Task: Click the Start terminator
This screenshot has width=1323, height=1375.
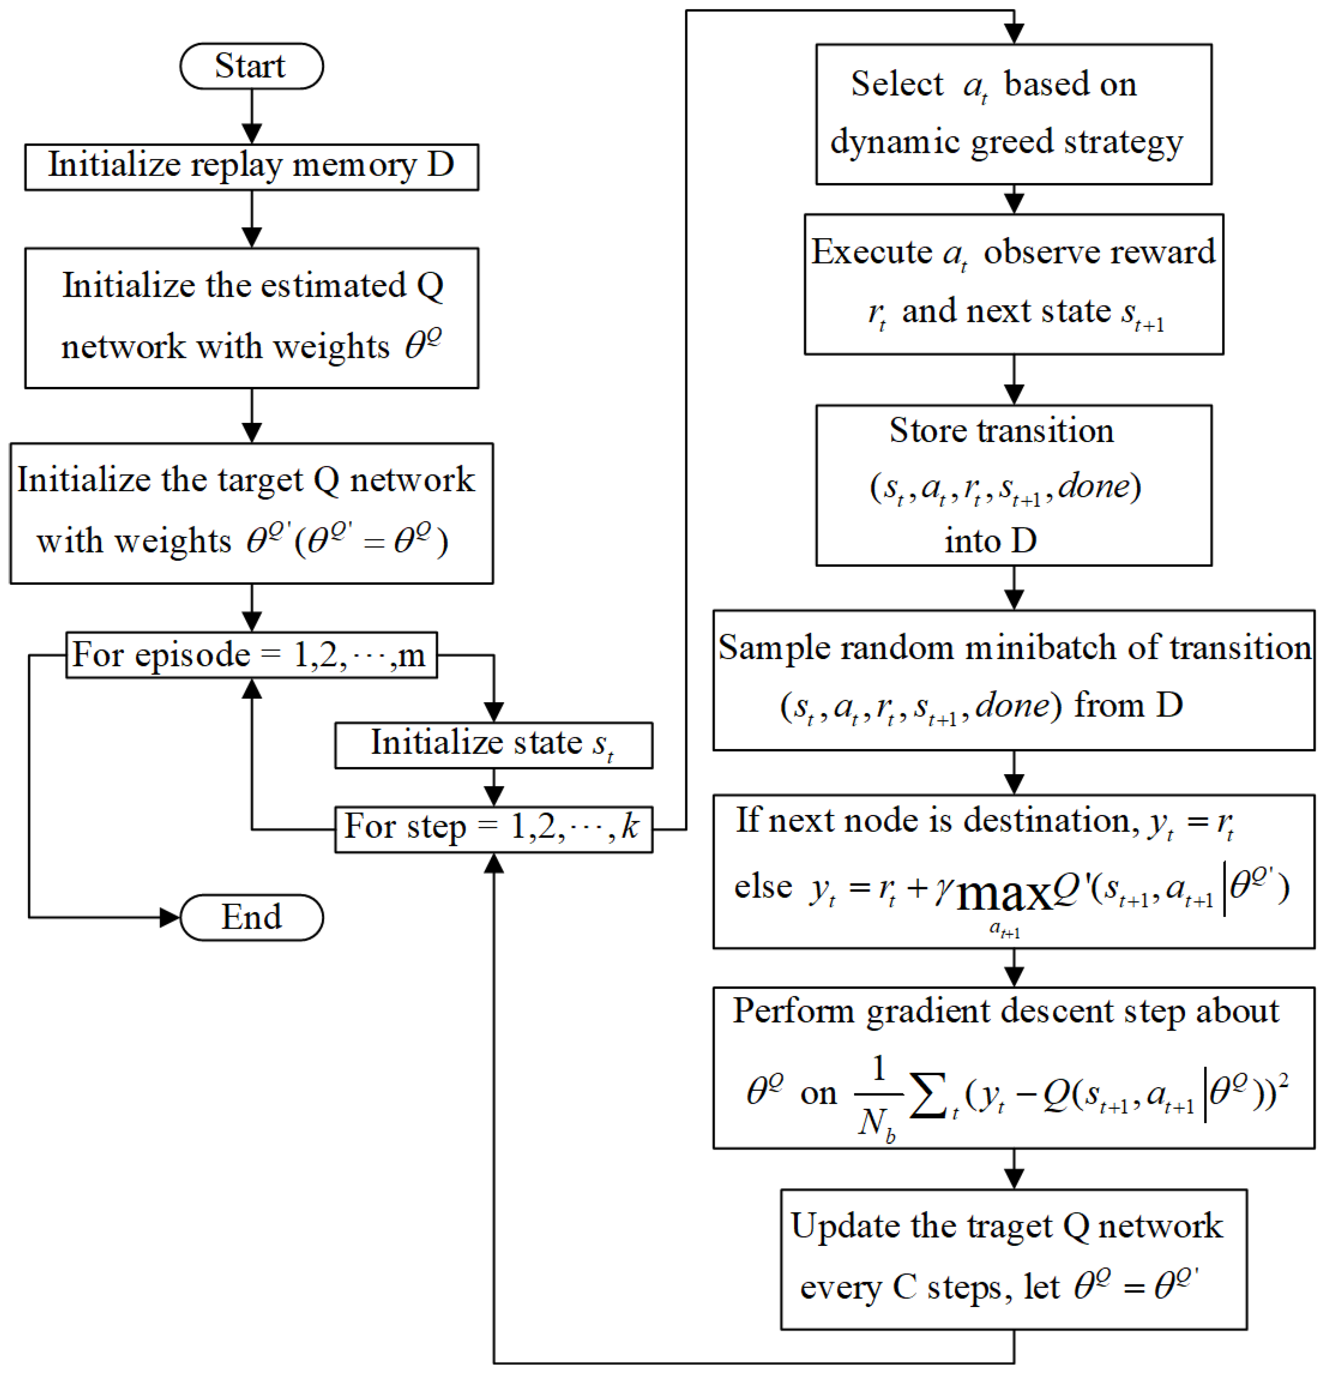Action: click(251, 66)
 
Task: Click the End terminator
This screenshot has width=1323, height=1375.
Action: click(251, 917)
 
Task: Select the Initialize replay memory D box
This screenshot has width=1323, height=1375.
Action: click(251, 166)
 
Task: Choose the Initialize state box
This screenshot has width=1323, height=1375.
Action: click(493, 744)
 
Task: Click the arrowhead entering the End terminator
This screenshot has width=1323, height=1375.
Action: click(169, 917)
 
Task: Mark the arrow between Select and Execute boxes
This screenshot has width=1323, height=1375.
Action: click(1013, 200)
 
